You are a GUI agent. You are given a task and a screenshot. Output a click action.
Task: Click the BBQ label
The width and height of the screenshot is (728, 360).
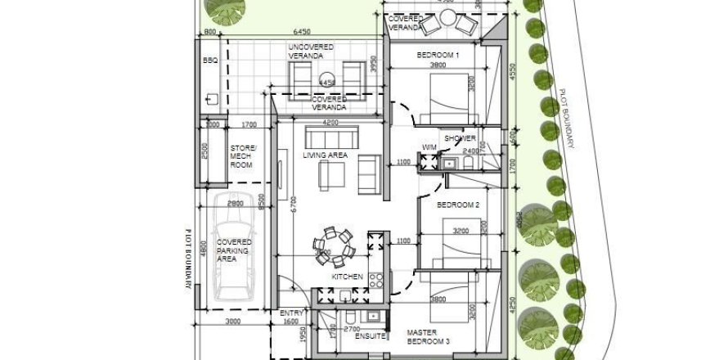pyautogui.click(x=208, y=61)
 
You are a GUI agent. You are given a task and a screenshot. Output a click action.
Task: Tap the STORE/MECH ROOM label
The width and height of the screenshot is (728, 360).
pyautogui.click(x=242, y=156)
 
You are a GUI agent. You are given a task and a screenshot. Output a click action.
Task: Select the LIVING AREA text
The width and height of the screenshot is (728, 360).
pyautogui.click(x=326, y=155)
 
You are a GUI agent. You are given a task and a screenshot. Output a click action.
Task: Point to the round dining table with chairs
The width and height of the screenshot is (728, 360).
pyautogui.click(x=333, y=245)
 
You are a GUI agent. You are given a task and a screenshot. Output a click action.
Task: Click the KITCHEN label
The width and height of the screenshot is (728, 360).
pyautogui.click(x=347, y=277)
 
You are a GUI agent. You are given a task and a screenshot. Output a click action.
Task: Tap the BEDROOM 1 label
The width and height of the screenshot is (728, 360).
pyautogui.click(x=438, y=55)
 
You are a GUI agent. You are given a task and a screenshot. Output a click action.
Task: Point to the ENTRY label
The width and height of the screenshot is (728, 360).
pyautogui.click(x=291, y=313)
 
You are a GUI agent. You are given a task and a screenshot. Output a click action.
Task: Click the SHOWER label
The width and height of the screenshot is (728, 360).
pyautogui.click(x=460, y=138)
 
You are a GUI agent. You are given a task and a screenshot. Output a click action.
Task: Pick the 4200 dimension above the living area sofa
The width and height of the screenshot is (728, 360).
pyautogui.click(x=330, y=124)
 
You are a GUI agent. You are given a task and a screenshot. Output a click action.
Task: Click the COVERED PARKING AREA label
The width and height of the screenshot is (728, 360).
pyautogui.click(x=234, y=250)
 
